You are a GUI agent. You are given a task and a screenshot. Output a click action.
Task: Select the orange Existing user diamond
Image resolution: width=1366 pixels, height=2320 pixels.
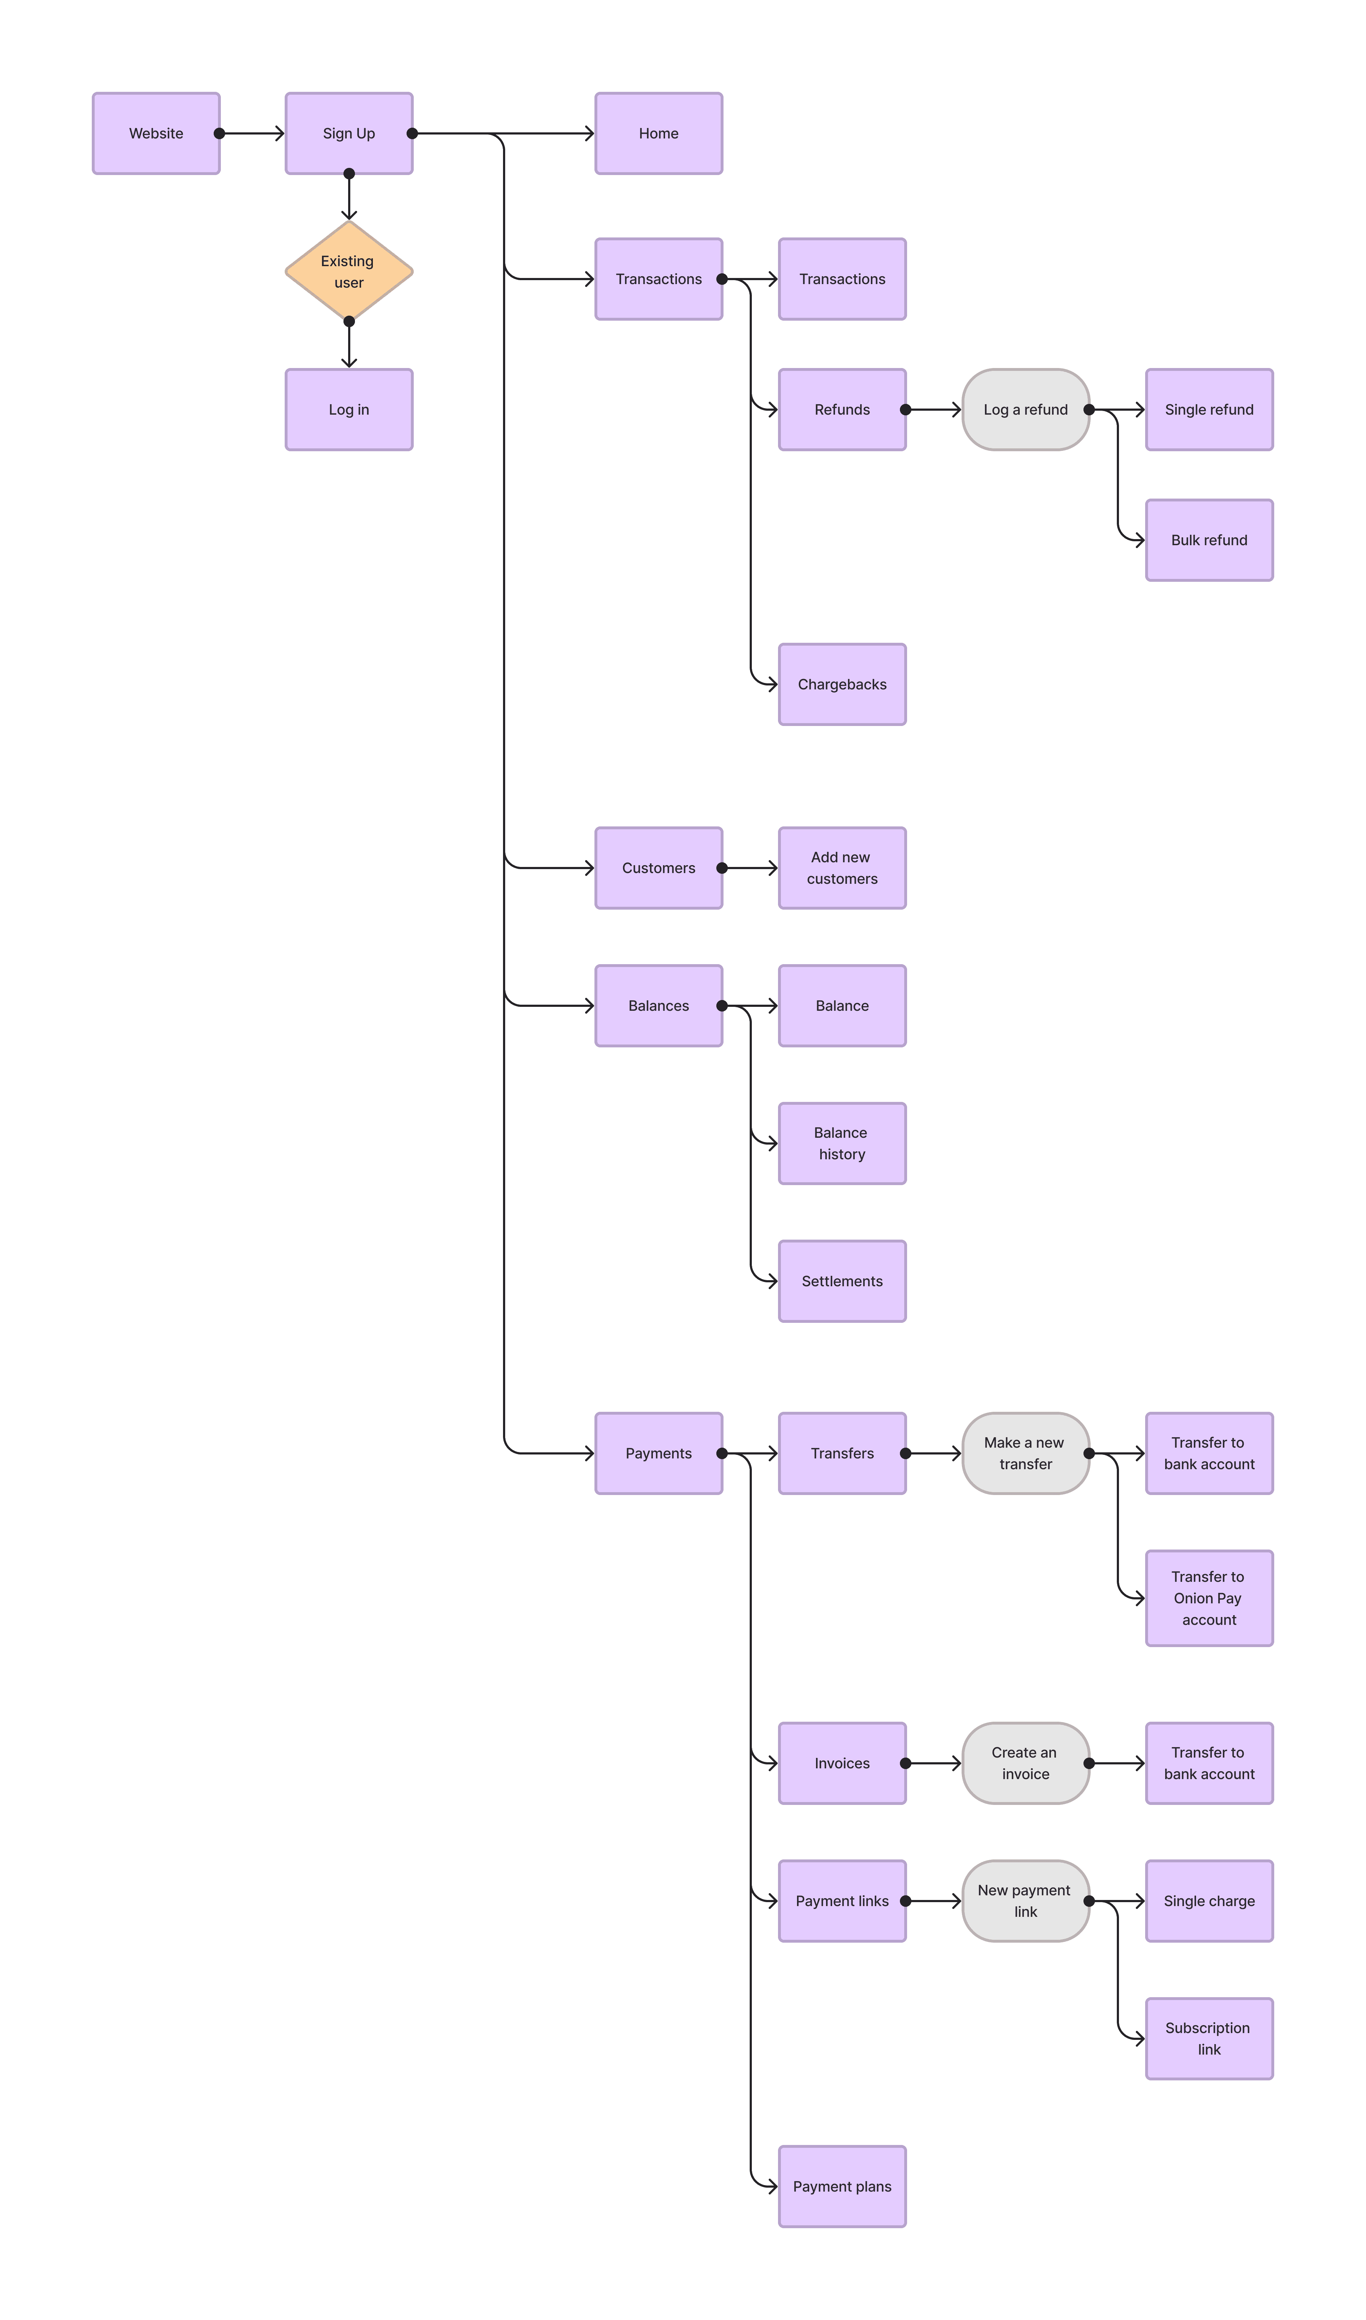click(349, 272)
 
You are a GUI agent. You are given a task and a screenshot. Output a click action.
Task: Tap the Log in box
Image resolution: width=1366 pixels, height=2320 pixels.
click(349, 410)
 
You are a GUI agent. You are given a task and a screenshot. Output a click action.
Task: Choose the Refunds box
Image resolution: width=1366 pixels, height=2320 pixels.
click(842, 410)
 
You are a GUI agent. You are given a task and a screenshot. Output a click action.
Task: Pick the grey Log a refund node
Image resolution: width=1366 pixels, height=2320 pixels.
click(1025, 410)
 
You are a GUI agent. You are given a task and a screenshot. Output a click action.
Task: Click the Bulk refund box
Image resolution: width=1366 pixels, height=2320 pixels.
click(1210, 541)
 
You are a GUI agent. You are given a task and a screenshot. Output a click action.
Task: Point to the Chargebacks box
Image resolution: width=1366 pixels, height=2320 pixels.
click(842, 684)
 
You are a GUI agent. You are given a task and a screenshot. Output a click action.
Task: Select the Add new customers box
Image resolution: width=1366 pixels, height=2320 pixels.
click(842, 868)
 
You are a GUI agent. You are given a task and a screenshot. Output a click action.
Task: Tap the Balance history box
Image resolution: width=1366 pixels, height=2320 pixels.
click(842, 1144)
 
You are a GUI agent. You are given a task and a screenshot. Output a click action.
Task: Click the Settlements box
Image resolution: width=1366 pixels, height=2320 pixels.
click(842, 1282)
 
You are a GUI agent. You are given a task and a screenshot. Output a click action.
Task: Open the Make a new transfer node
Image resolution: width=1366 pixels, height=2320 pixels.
click(1025, 1454)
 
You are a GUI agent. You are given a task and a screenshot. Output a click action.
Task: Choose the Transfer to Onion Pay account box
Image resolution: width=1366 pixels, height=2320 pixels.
click(1210, 1598)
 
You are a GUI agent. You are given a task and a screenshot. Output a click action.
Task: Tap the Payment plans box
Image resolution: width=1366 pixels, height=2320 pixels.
click(842, 2187)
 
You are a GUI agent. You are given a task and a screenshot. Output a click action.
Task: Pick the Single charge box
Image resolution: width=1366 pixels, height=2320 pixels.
click(1210, 1901)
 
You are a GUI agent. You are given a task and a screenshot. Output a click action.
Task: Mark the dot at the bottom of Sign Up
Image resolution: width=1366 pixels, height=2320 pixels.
click(349, 173)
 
